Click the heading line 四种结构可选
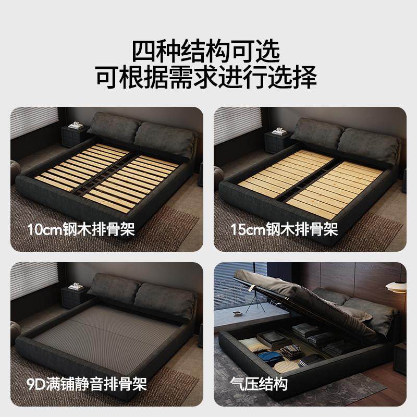[x=208, y=51]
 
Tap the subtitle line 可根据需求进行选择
[x=208, y=77]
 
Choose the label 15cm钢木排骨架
[x=285, y=229]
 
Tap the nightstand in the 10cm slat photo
[x=73, y=138]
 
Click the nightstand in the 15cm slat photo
[x=277, y=138]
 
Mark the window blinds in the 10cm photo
[x=33, y=122]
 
